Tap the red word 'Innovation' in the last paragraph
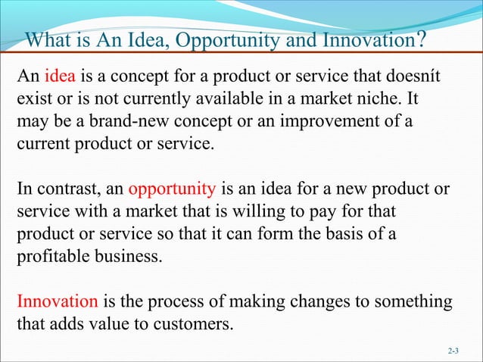[58, 301]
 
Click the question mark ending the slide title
[420, 39]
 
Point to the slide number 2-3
[453, 351]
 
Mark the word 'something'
[416, 301]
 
